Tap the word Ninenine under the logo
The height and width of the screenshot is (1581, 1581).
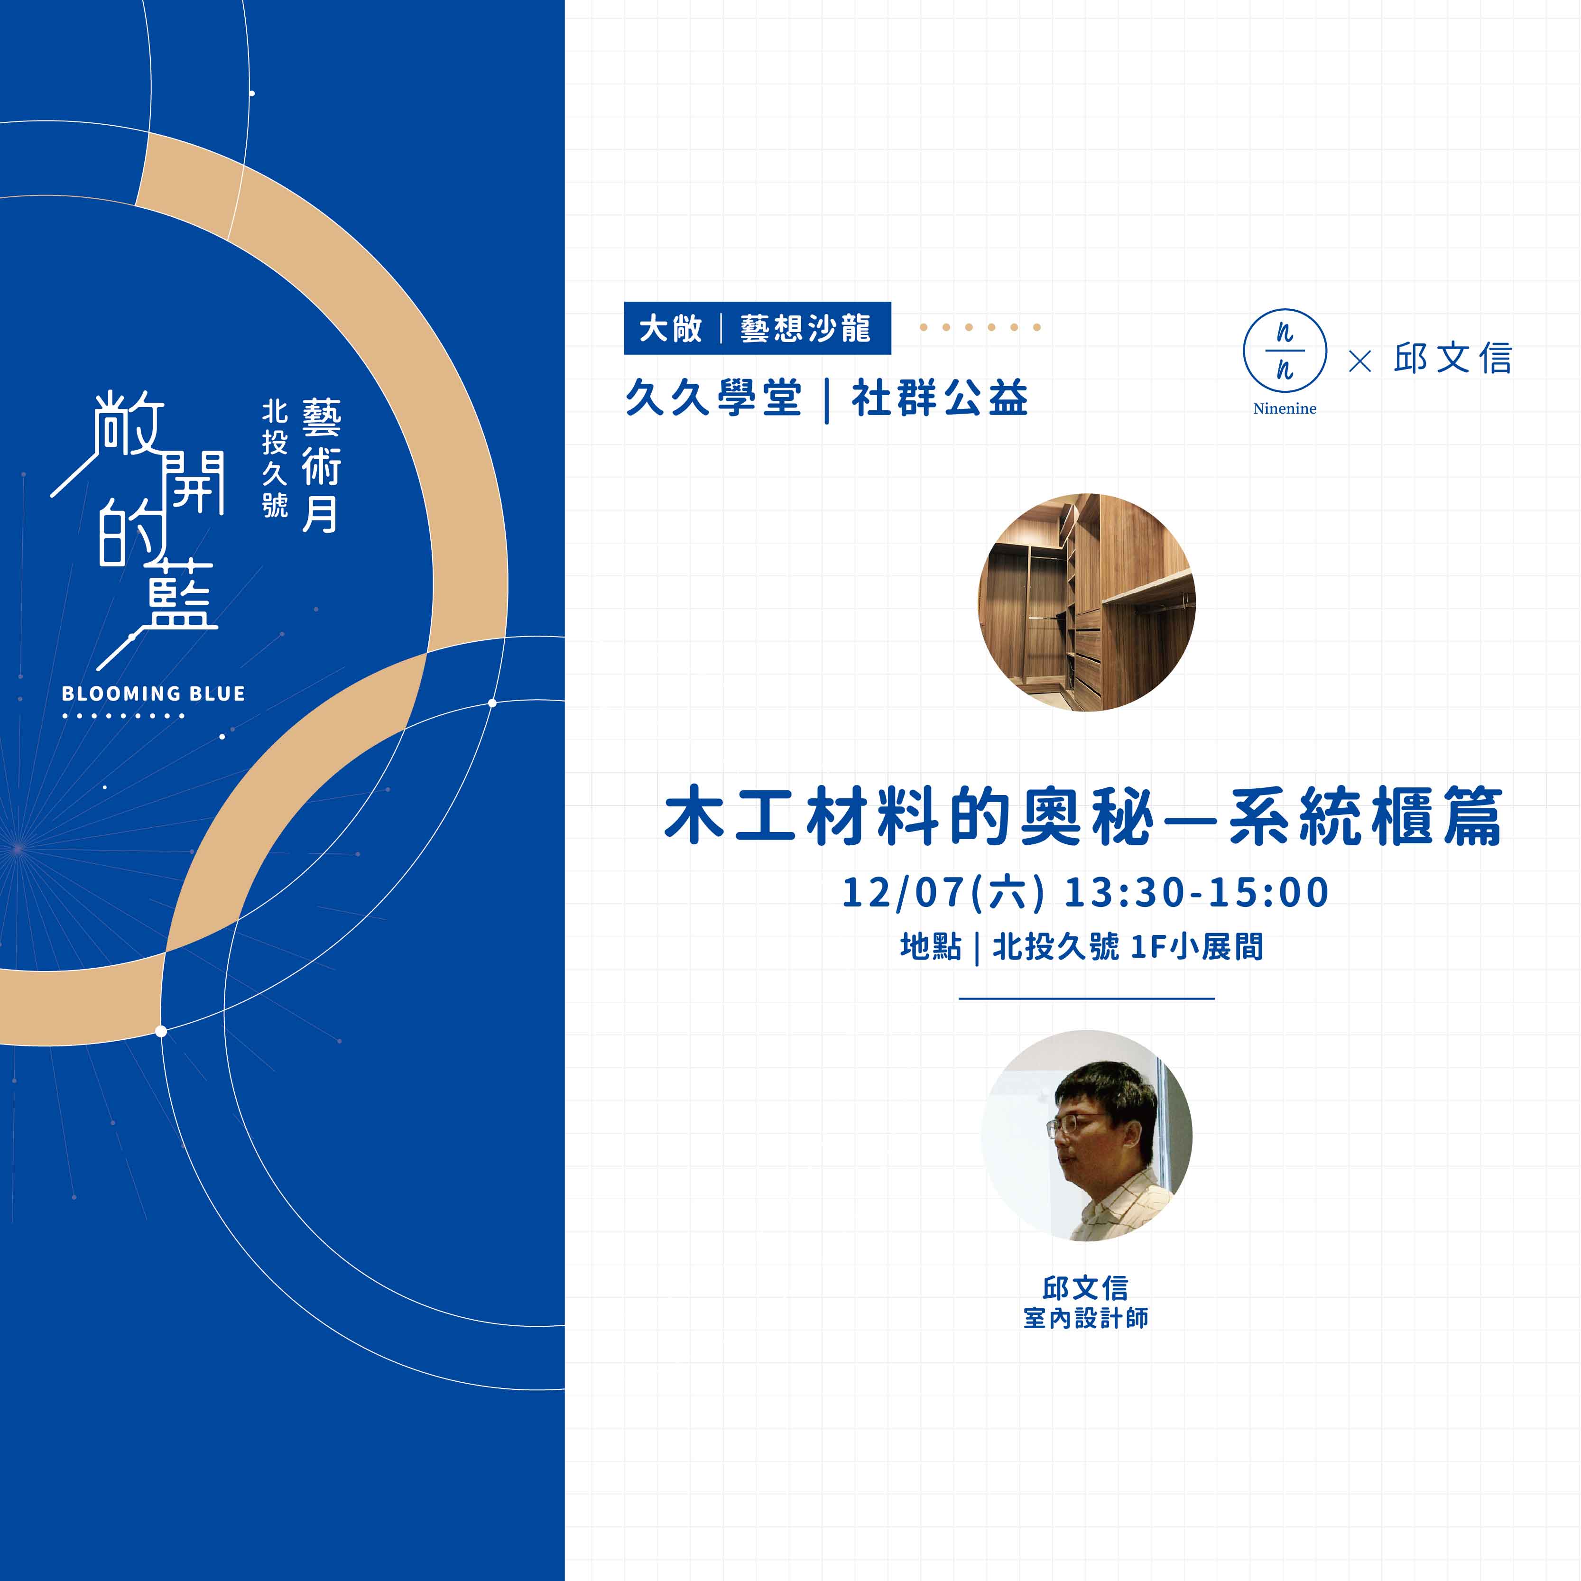[x=1285, y=408]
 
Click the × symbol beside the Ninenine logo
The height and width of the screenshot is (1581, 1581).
[x=1359, y=361]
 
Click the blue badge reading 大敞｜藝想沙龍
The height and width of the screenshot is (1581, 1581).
[x=757, y=328]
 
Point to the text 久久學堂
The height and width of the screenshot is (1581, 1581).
[x=713, y=398]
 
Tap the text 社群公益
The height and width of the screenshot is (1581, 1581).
[x=939, y=398]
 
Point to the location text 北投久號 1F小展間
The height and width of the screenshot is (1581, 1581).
[x=1128, y=947]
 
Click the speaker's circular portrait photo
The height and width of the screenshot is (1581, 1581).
[x=1087, y=1135]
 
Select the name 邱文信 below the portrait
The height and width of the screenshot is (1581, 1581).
[x=1085, y=1289]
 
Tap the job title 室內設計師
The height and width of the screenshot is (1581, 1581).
[x=1086, y=1318]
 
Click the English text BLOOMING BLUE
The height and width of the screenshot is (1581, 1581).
[x=154, y=694]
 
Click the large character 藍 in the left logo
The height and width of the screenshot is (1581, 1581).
[x=180, y=597]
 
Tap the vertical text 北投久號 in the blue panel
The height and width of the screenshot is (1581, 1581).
[x=275, y=458]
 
